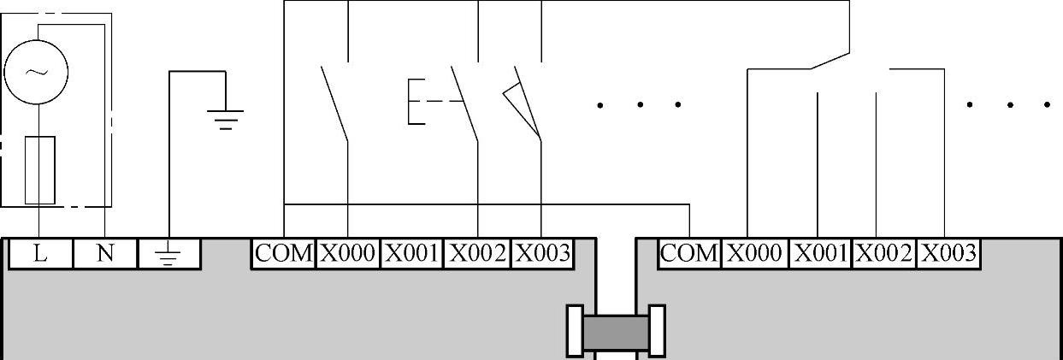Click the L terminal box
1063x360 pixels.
click(40, 254)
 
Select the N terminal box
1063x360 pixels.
click(105, 254)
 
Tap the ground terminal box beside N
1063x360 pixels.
click(168, 254)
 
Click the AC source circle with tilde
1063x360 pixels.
click(36, 73)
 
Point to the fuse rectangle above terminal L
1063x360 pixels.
click(40, 170)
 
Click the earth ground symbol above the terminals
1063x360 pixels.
click(226, 118)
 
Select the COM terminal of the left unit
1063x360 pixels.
click(284, 253)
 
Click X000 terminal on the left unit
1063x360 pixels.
click(348, 253)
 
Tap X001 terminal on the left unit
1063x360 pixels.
click(411, 253)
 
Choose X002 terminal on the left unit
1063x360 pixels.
click(477, 253)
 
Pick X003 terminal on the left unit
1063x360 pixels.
click(541, 253)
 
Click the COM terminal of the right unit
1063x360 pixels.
click(689, 253)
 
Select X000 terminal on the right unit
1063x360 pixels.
click(754, 253)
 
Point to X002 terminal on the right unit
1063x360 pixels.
click(883, 253)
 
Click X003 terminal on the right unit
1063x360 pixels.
click(947, 253)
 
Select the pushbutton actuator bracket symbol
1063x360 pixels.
click(416, 102)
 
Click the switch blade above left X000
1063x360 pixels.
click(334, 102)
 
